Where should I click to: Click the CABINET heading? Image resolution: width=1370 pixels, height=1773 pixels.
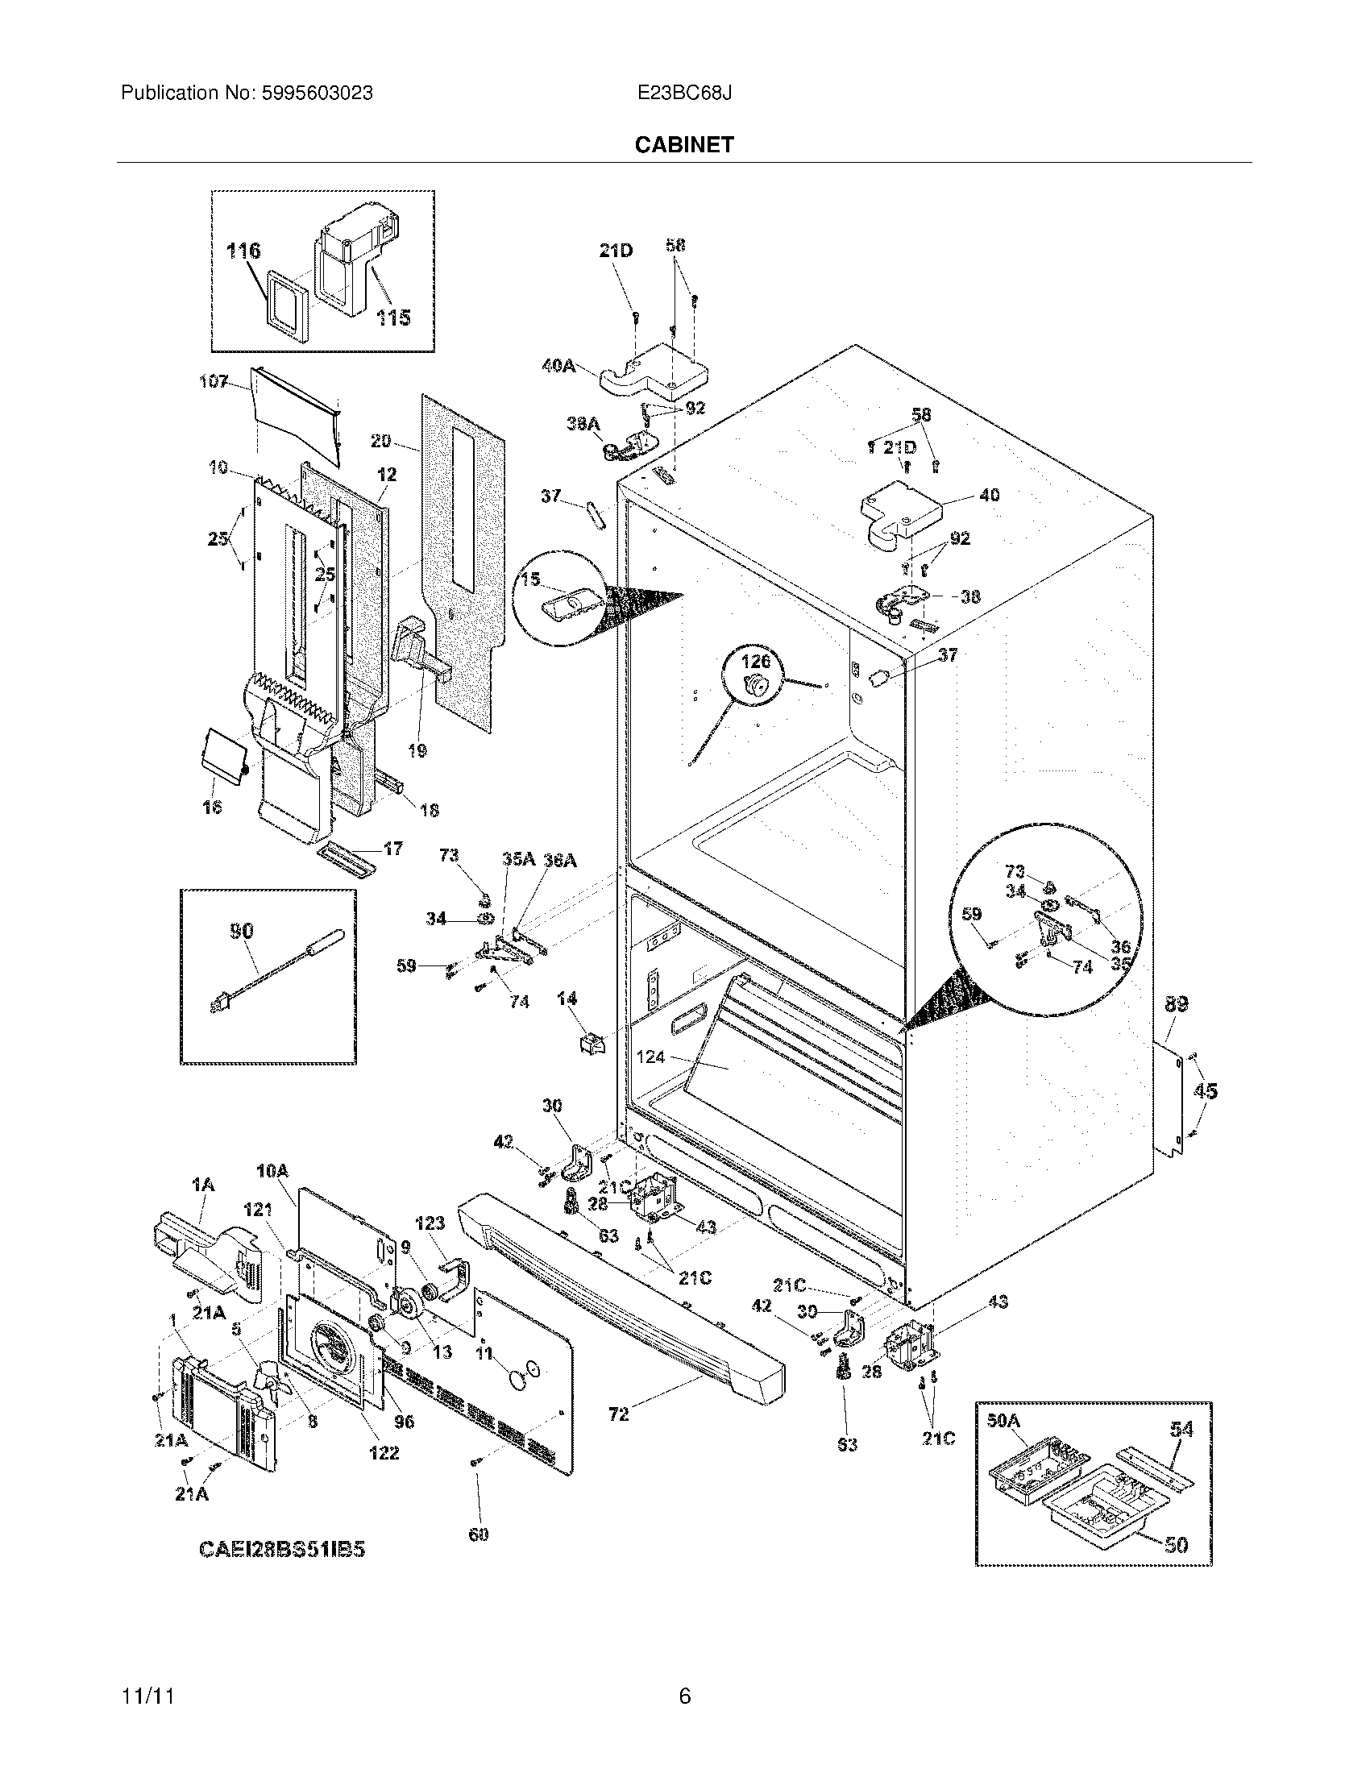point(683,144)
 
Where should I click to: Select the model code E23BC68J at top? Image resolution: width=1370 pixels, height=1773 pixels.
point(684,93)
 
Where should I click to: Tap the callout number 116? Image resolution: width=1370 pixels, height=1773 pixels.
point(243,251)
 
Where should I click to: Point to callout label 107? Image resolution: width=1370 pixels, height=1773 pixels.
point(214,380)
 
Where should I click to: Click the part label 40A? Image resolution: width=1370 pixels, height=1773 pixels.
point(558,366)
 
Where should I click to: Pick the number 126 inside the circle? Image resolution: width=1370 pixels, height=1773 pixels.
point(754,662)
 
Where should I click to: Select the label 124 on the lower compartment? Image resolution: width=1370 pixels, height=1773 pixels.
point(650,1057)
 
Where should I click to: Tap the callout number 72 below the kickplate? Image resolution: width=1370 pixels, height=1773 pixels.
point(618,1414)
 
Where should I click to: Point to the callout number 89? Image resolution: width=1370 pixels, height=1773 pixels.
point(1176,1004)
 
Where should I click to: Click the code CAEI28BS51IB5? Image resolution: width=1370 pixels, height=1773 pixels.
point(281,1549)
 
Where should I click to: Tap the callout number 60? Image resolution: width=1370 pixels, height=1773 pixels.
point(478,1534)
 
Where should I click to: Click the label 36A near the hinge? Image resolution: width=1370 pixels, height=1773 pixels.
point(559,861)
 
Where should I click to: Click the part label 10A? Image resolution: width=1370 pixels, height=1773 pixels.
point(272,1172)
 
